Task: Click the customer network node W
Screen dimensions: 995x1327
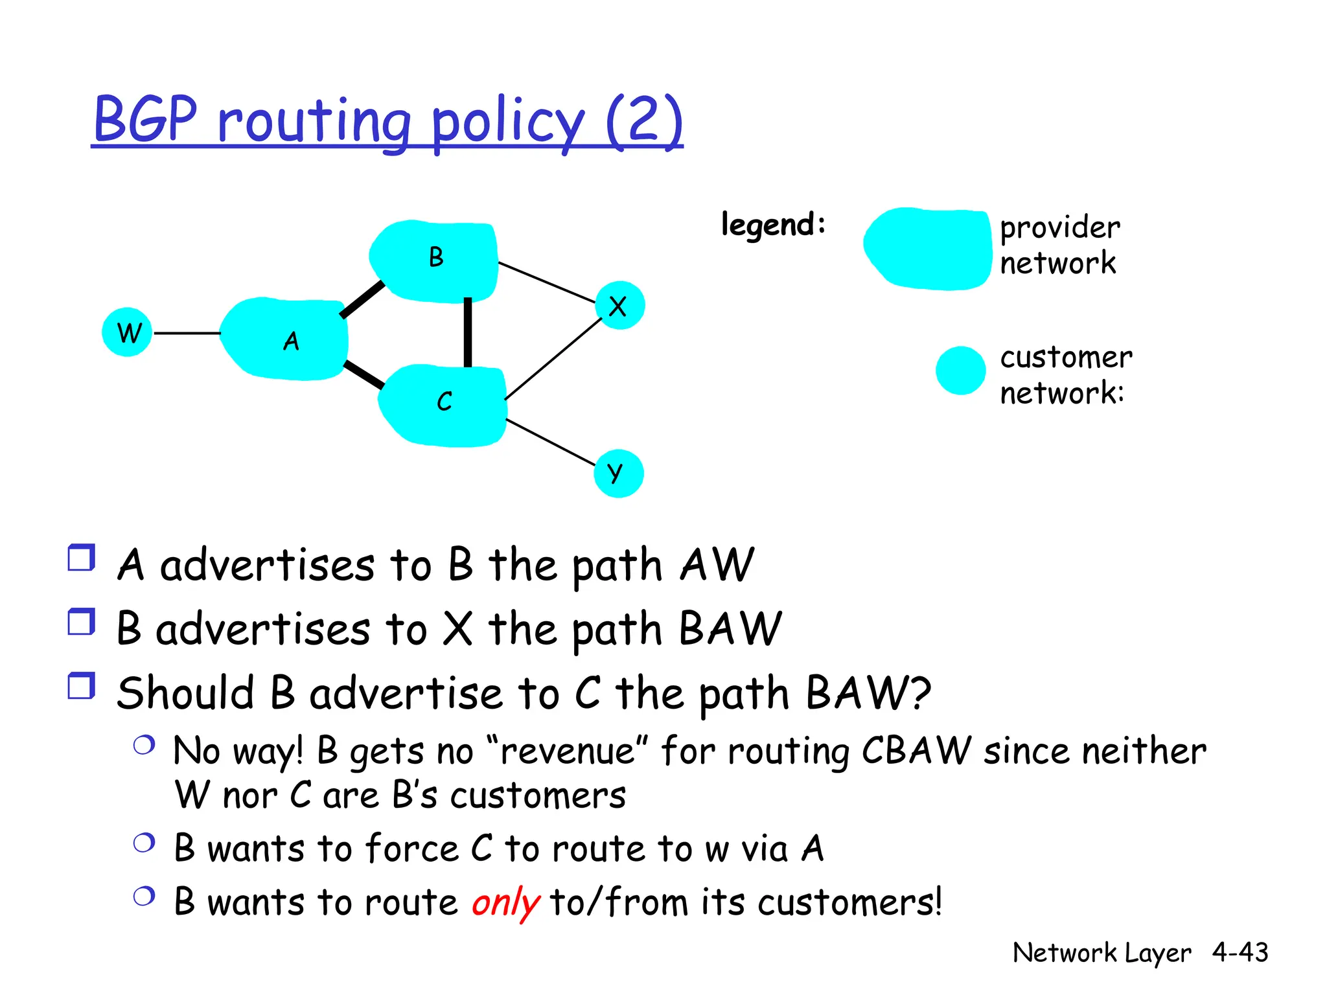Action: point(127,332)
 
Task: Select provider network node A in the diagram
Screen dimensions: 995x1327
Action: point(285,339)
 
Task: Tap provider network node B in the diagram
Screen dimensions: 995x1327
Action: point(434,261)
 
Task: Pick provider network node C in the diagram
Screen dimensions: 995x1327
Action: point(443,406)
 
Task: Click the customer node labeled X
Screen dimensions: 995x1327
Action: point(619,306)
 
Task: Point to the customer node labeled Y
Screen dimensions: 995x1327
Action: point(618,474)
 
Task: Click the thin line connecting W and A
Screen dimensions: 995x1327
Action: point(187,333)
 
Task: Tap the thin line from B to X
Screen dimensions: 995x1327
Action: point(546,282)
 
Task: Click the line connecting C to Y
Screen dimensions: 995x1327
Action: point(549,442)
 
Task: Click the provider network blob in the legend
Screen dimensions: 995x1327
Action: point(927,248)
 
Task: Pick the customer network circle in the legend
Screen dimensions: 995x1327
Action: point(960,371)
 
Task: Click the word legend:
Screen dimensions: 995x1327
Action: point(773,225)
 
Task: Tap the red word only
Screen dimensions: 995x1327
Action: point(505,902)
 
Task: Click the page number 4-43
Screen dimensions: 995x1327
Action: point(1240,952)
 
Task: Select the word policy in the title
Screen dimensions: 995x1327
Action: point(508,121)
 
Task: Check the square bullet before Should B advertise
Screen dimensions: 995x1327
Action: point(82,685)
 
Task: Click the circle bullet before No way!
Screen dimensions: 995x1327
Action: point(144,745)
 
